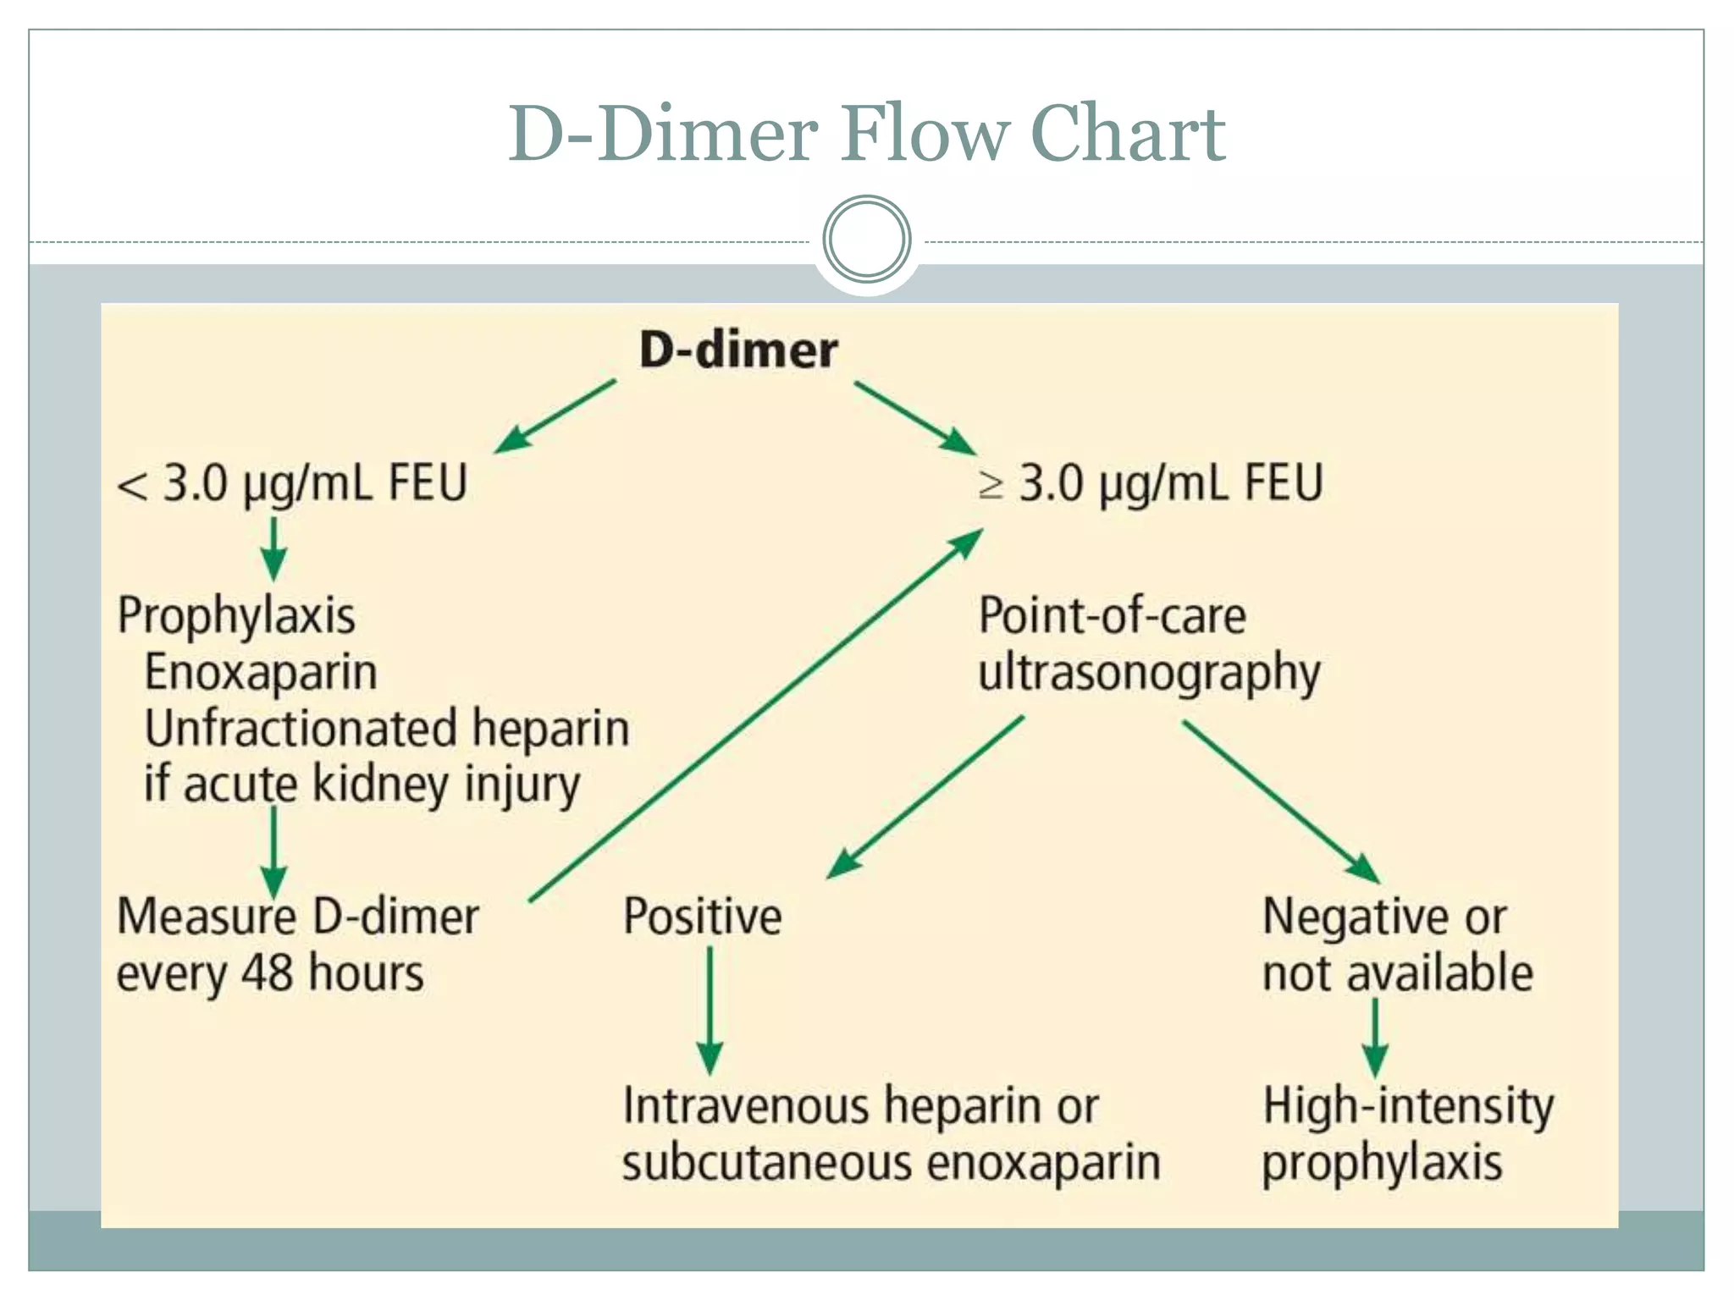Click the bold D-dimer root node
[x=738, y=350]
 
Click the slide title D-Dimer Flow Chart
[x=866, y=133]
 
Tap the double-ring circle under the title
[x=866, y=240]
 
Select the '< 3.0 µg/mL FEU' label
[x=292, y=484]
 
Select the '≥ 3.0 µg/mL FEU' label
[x=1151, y=484]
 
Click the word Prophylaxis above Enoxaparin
[x=236, y=616]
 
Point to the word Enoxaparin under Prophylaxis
[x=261, y=672]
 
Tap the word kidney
[x=370, y=784]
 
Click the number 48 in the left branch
[x=268, y=972]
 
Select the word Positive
[x=702, y=917]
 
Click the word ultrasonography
[x=1149, y=674]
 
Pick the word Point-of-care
[x=1112, y=615]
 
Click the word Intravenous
[x=746, y=1105]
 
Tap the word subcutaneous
[x=767, y=1162]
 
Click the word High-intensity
[x=1408, y=1106]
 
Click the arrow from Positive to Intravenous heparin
[x=710, y=1007]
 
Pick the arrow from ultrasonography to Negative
[x=1278, y=800]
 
